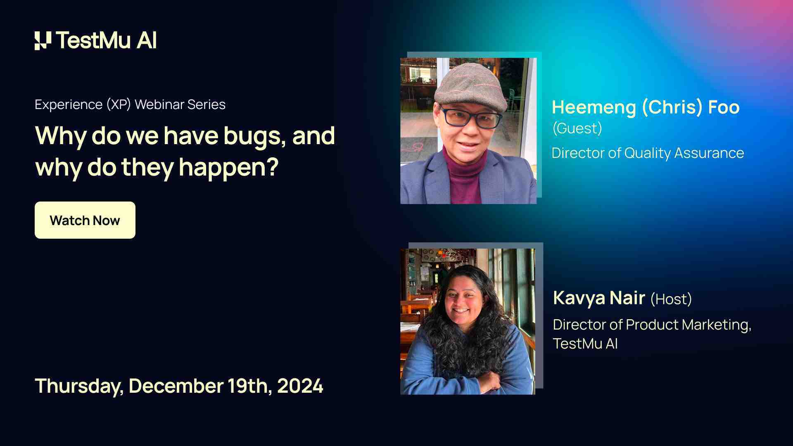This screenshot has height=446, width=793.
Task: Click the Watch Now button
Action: tap(85, 220)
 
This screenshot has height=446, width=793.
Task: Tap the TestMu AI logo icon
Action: tap(43, 40)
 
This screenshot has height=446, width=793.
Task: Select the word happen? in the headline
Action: tap(229, 168)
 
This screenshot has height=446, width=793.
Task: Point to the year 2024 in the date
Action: tap(300, 386)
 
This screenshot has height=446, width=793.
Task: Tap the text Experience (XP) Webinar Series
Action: tap(130, 104)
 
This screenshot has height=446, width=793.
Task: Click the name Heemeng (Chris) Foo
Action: tap(646, 107)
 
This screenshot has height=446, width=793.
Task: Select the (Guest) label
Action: tap(577, 128)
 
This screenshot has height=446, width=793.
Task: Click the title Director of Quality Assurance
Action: tap(648, 153)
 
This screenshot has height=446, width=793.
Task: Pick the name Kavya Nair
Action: tap(599, 298)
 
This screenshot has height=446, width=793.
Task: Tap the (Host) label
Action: tap(671, 299)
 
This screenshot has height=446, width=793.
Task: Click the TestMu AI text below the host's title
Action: tap(585, 344)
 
